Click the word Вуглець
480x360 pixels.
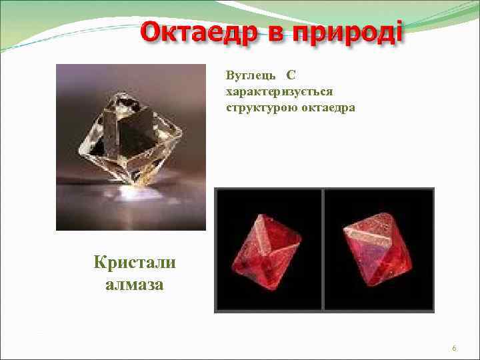tap(249, 74)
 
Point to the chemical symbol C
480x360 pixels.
tap(291, 74)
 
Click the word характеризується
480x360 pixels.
tap(279, 90)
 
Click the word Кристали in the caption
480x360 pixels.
tap(135, 262)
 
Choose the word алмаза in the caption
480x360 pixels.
tap(135, 285)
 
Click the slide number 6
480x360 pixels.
tap(454, 349)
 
